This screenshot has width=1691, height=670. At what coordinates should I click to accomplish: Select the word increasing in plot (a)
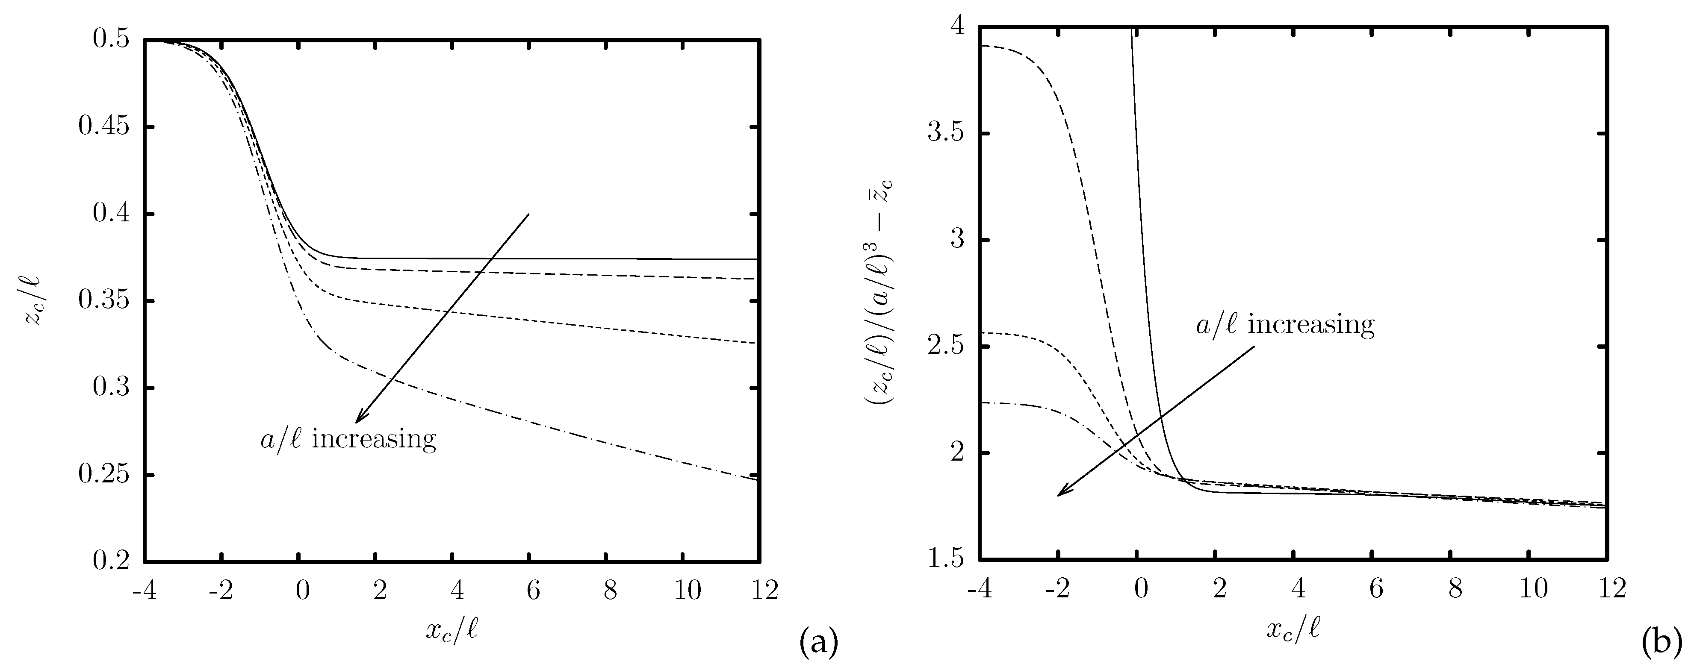374,438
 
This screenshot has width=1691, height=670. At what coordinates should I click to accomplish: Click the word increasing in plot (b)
1310,324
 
